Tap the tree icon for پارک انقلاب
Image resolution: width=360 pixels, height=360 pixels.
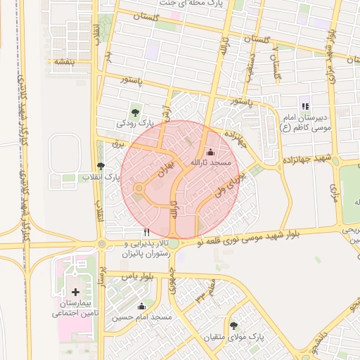pyautogui.click(x=101, y=166)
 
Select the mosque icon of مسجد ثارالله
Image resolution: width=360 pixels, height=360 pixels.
pyautogui.click(x=210, y=153)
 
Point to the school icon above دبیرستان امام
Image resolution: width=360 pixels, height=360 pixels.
pyautogui.click(x=304, y=106)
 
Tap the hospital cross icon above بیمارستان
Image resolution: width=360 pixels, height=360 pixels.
pyautogui.click(x=75, y=291)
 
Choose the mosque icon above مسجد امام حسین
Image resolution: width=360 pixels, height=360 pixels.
pyautogui.click(x=141, y=306)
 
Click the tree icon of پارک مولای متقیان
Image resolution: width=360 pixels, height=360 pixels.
pyautogui.click(x=233, y=325)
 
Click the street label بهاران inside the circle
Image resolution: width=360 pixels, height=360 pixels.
pyautogui.click(x=163, y=169)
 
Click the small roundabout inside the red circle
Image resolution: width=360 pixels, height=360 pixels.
pyautogui.click(x=139, y=188)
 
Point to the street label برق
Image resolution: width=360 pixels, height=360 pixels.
pyautogui.click(x=117, y=143)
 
